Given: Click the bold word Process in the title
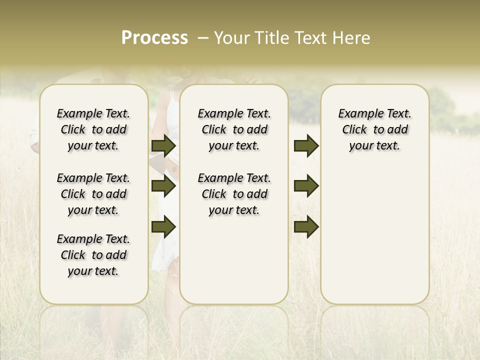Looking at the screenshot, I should pyautogui.click(x=154, y=38).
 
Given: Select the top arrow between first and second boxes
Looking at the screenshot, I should pyautogui.click(x=163, y=145).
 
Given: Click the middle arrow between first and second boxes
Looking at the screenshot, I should pyautogui.click(x=163, y=186).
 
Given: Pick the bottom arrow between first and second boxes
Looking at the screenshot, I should pyautogui.click(x=163, y=227).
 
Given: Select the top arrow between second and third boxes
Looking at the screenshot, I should pyautogui.click(x=306, y=145).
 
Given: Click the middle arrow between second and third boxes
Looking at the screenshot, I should pyautogui.click(x=306, y=186).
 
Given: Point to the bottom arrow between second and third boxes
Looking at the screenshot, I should pyautogui.click(x=306, y=227).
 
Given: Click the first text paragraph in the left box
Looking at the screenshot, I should pyautogui.click(x=93, y=129).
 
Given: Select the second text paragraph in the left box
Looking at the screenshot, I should pyautogui.click(x=93, y=194).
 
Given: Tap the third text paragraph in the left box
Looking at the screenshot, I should pyautogui.click(x=93, y=255).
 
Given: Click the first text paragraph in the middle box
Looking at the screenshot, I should pyautogui.click(x=234, y=129).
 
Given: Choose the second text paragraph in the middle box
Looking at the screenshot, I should pyautogui.click(x=234, y=194).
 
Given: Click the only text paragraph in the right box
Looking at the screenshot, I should pyautogui.click(x=375, y=129).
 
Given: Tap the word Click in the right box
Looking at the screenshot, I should pyautogui.click(x=354, y=130).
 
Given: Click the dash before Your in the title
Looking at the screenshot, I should pyautogui.click(x=203, y=38).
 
